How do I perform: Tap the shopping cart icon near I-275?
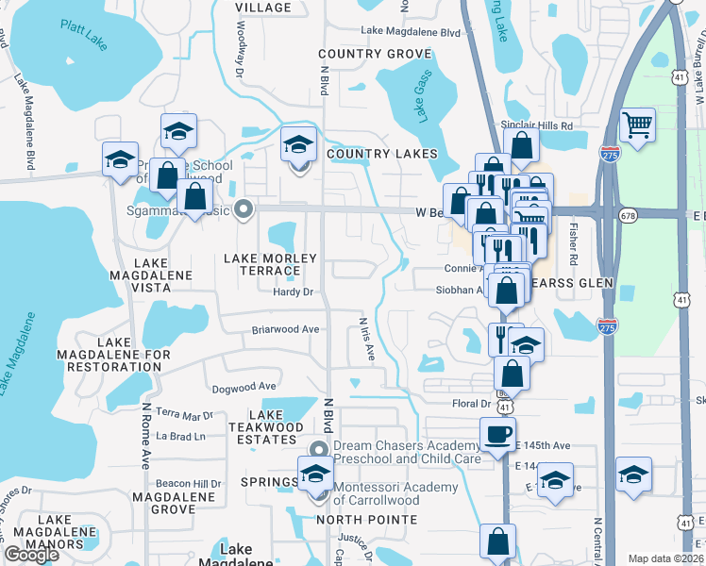(638, 125)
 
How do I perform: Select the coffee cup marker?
(497, 435)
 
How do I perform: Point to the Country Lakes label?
(382, 154)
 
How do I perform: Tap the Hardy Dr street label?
(292, 292)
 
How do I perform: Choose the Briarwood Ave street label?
(285, 330)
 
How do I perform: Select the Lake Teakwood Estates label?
(274, 427)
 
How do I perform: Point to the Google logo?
(31, 555)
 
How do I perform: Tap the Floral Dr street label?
(472, 404)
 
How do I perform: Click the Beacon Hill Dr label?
(189, 483)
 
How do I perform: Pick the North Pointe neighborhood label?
(366, 520)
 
